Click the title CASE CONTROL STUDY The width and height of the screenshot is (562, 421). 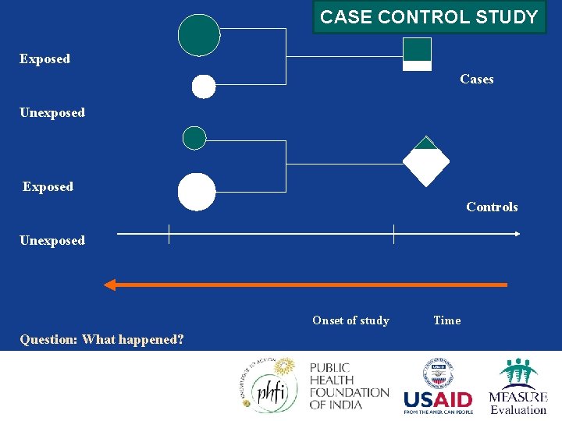click(429, 17)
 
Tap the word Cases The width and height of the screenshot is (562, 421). click(476, 79)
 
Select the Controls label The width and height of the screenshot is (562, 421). click(492, 207)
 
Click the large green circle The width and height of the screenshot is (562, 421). click(199, 35)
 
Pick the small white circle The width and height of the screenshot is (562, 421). click(204, 87)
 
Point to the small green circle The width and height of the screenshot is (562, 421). click(194, 138)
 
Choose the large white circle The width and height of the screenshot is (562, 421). click(197, 192)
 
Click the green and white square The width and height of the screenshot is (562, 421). click(417, 55)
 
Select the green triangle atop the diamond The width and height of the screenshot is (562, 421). click(425, 143)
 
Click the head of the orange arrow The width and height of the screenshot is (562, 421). click(110, 285)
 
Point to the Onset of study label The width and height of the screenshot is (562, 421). click(350, 320)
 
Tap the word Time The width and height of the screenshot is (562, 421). click(446, 320)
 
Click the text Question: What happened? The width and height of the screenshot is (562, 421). click(101, 339)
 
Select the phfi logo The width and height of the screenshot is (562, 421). click(269, 385)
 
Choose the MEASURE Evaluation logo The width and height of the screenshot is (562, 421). click(518, 387)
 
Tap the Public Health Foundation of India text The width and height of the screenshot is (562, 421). click(349, 385)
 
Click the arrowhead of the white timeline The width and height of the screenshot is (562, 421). click(517, 234)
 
